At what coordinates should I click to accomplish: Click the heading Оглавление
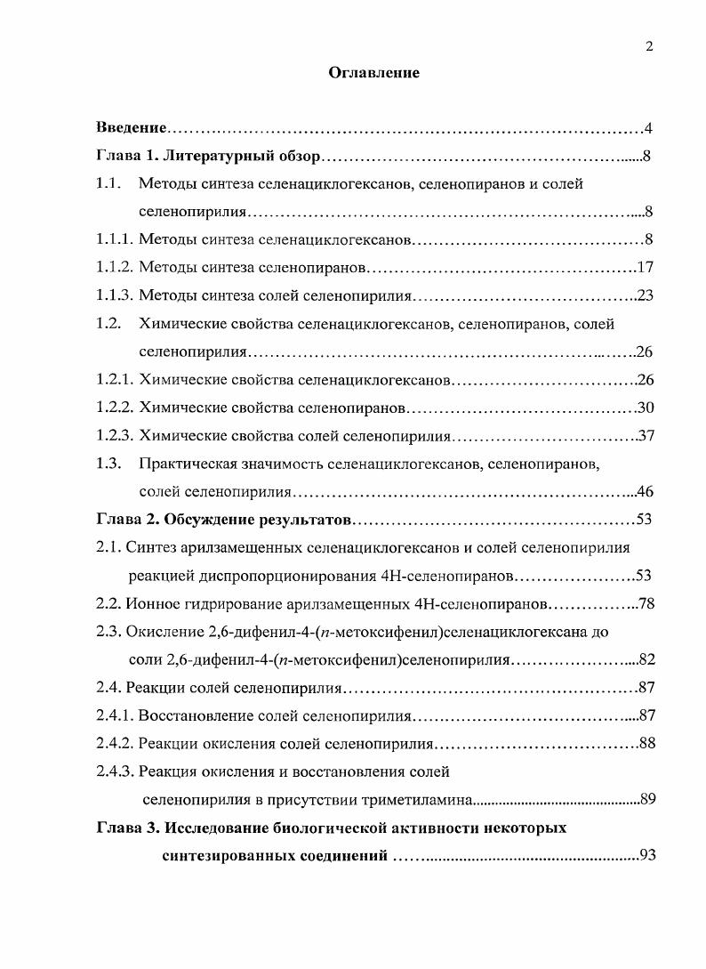373,73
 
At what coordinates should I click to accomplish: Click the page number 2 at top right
649,47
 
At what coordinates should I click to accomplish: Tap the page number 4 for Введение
649,129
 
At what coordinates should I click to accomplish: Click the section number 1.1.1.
115,240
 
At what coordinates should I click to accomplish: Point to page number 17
646,268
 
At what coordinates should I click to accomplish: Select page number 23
646,295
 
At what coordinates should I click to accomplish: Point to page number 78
646,604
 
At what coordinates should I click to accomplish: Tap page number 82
646,660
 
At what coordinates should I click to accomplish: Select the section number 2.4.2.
115,744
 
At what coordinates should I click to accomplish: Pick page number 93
646,856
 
